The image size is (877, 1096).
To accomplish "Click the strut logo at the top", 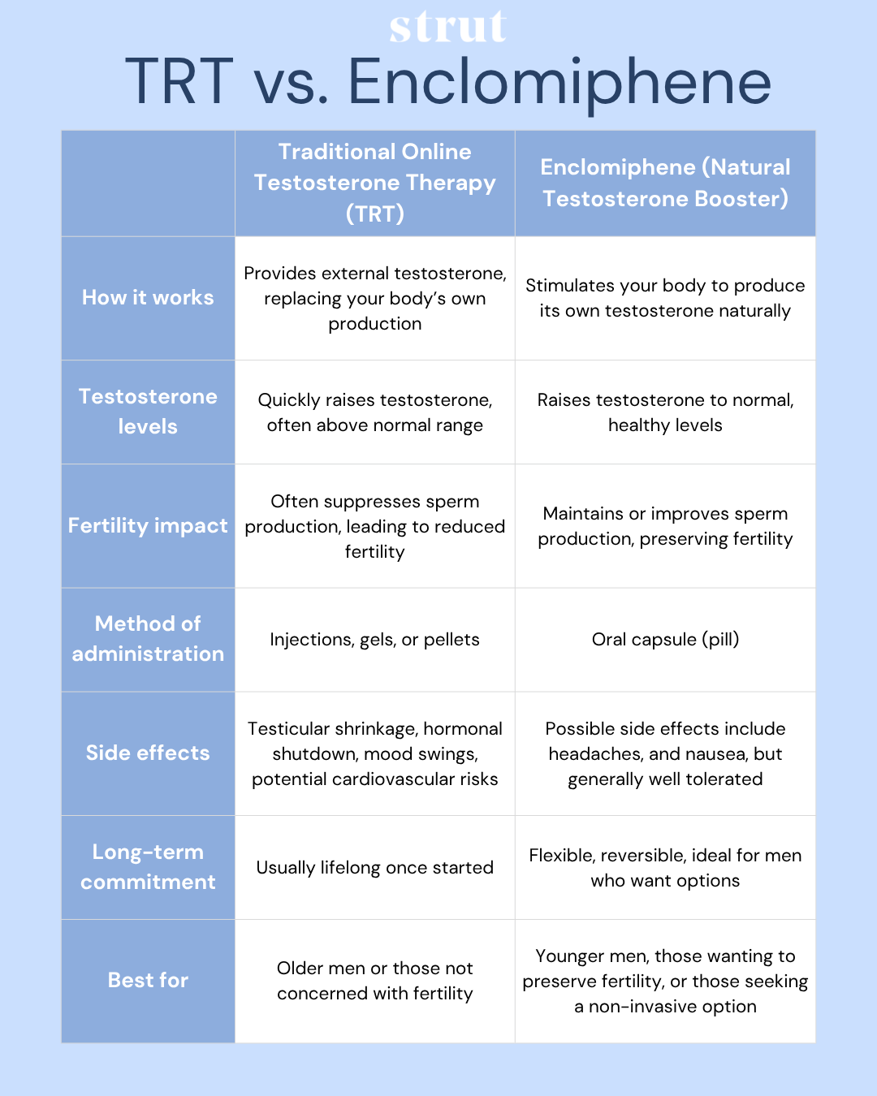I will pyautogui.click(x=447, y=27).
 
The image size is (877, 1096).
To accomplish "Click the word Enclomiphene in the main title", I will pyautogui.click(x=559, y=82).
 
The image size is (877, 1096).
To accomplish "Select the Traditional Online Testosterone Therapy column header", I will pyautogui.click(x=374, y=183).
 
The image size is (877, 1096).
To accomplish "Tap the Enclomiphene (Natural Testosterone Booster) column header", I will pyautogui.click(x=665, y=183).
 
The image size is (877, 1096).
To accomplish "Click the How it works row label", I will pyautogui.click(x=148, y=298).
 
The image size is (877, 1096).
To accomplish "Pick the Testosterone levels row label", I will pyautogui.click(x=148, y=412).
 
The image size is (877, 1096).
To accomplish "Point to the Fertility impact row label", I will pyautogui.click(x=148, y=526).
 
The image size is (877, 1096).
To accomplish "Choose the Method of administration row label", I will pyautogui.click(x=148, y=639).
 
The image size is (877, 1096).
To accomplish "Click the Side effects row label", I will pyautogui.click(x=148, y=753).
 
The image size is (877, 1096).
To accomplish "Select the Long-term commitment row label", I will pyautogui.click(x=148, y=867).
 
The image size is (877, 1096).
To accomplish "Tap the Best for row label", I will pyautogui.click(x=148, y=981).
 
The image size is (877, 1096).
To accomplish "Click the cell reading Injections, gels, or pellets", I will pyautogui.click(x=374, y=640).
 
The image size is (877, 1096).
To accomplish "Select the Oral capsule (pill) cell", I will pyautogui.click(x=665, y=640).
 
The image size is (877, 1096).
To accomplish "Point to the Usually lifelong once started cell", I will pyautogui.click(x=374, y=868).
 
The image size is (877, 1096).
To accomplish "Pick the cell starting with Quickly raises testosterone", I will pyautogui.click(x=374, y=412).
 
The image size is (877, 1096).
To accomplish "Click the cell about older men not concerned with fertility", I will pyautogui.click(x=374, y=981).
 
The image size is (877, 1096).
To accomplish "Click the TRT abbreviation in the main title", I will pyautogui.click(x=179, y=82).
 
